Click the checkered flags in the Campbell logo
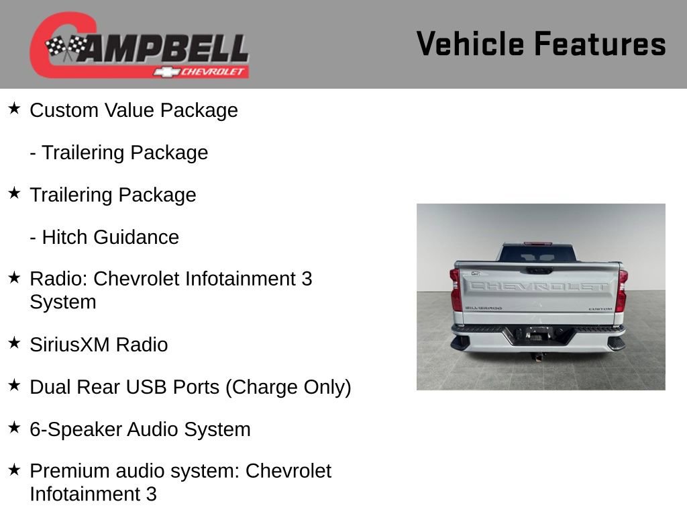click(66, 47)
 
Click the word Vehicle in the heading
click(470, 44)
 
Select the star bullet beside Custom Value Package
click(14, 108)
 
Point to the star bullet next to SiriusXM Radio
click(14, 343)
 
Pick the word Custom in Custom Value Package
click(64, 110)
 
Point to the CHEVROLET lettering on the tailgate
click(539, 286)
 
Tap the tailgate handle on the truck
click(539, 270)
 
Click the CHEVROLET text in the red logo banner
click(213, 72)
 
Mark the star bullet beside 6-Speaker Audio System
click(14, 427)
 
